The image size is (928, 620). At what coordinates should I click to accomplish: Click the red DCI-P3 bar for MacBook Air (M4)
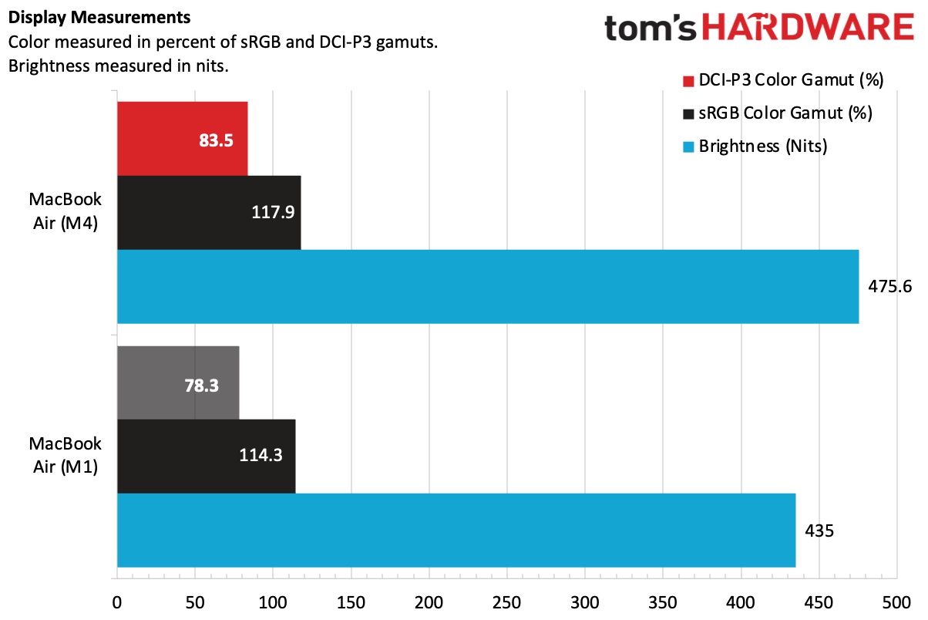(x=182, y=139)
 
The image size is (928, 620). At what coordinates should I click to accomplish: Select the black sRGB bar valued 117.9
(x=208, y=212)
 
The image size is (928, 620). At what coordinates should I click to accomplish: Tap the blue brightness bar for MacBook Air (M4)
(x=487, y=286)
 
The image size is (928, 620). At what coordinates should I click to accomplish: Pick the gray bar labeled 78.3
(x=177, y=382)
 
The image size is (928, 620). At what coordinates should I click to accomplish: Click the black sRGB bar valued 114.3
(x=206, y=456)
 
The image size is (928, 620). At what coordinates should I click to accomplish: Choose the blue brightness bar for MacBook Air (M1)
(x=456, y=530)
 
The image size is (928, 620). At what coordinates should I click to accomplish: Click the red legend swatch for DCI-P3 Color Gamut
(x=688, y=80)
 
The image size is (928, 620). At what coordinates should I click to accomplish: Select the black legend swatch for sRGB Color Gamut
(x=688, y=113)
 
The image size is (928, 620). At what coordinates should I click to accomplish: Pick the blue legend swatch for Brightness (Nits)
(x=688, y=147)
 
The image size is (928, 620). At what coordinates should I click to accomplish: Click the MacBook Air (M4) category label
(x=66, y=212)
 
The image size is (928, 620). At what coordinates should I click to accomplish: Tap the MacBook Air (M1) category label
(x=66, y=456)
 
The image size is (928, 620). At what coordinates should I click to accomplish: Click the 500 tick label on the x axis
(x=896, y=601)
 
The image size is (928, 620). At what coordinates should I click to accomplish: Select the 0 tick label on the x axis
(x=117, y=601)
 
